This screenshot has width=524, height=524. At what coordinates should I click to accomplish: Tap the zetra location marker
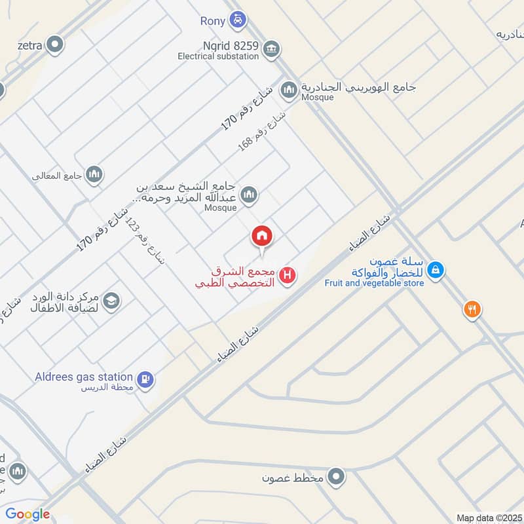coord(55,45)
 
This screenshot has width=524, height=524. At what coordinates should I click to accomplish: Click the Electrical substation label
coord(218,56)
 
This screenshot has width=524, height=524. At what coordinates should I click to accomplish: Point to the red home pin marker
coord(262,237)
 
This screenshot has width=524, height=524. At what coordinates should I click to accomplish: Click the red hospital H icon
coord(286,276)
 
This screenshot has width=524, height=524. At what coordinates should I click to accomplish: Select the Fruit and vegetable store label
coord(374,283)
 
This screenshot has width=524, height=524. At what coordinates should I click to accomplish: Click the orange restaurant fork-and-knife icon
coord(472,309)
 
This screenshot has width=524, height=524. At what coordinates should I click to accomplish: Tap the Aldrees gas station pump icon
coord(145,378)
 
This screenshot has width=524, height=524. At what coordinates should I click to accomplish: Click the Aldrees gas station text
coord(84,377)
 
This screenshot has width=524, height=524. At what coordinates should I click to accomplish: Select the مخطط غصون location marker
coord(337,477)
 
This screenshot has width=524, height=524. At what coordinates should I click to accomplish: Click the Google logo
coord(28,514)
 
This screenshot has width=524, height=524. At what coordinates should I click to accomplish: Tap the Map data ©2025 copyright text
coord(488,517)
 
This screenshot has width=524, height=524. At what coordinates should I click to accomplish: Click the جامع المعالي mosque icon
coord(94,174)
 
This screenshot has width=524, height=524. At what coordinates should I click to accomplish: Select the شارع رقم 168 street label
coord(262,132)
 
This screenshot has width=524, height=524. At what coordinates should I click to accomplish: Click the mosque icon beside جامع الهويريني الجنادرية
coord(289,88)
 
